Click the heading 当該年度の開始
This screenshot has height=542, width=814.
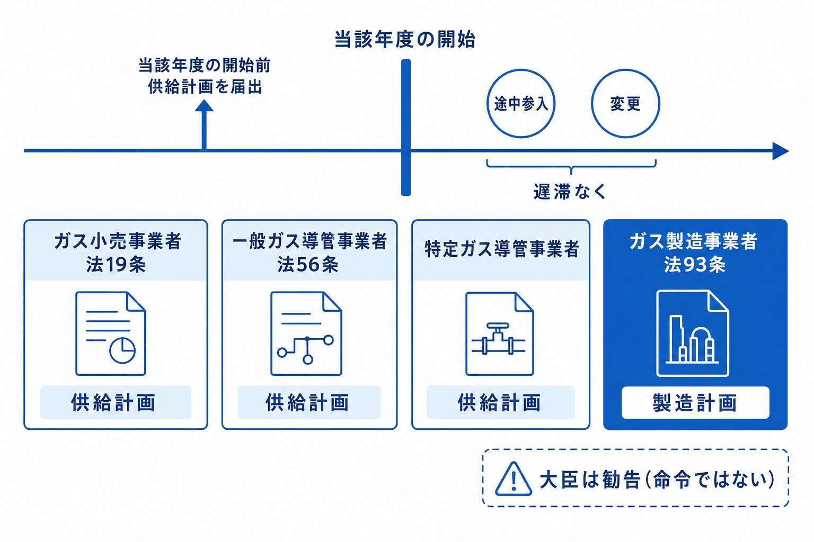(x=405, y=40)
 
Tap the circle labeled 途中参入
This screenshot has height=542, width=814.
(x=521, y=69)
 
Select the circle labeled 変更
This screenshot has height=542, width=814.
(x=625, y=69)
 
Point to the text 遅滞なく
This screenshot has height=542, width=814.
(x=570, y=191)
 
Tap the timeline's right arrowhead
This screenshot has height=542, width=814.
(x=781, y=151)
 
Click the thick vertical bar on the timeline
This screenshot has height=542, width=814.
(x=406, y=128)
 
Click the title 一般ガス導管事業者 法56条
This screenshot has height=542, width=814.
(x=309, y=252)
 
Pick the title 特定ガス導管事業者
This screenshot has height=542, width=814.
(x=501, y=249)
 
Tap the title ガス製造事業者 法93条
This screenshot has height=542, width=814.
(x=694, y=252)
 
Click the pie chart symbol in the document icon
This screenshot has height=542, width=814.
(x=122, y=350)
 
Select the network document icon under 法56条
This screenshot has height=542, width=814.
(x=306, y=333)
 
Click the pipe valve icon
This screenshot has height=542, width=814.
(x=499, y=339)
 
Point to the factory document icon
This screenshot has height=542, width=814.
(x=693, y=333)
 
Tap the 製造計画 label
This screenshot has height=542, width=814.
(x=695, y=403)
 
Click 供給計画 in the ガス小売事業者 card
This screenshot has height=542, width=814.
(x=113, y=403)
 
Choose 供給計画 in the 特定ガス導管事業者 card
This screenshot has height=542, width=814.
(x=500, y=403)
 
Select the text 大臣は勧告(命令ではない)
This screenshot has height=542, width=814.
(x=657, y=480)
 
